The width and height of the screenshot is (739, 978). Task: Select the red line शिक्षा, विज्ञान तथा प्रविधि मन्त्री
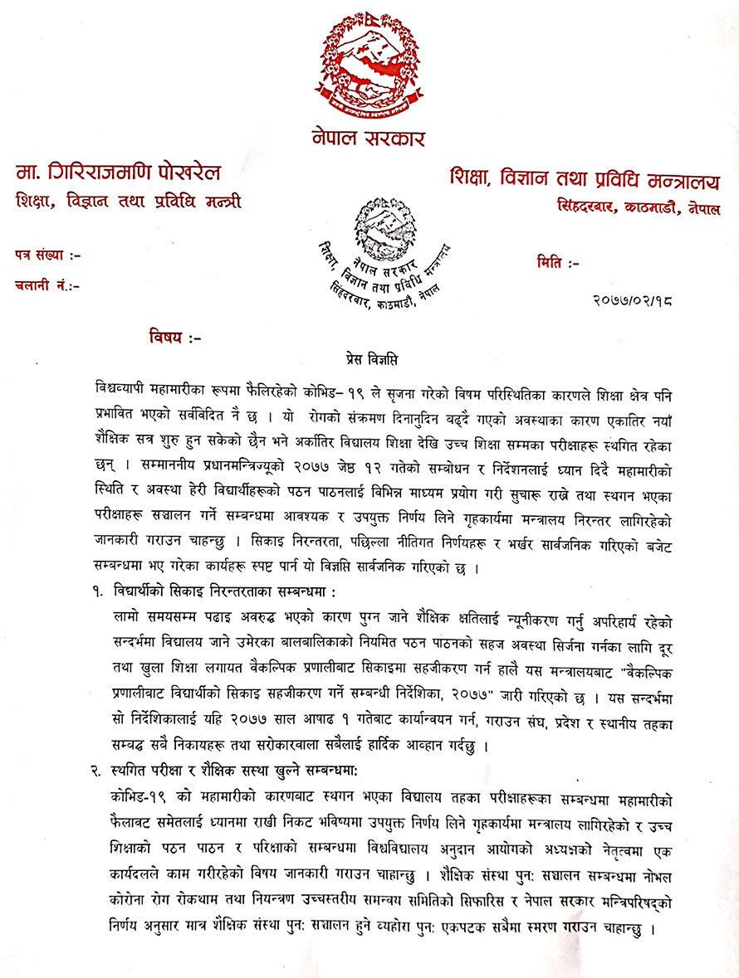tap(129, 201)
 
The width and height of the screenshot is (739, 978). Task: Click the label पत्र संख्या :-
tap(48, 255)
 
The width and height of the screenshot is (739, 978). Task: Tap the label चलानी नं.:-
tap(48, 285)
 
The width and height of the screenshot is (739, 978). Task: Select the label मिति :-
tap(558, 264)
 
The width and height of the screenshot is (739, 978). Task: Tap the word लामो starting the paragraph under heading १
tap(126, 616)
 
